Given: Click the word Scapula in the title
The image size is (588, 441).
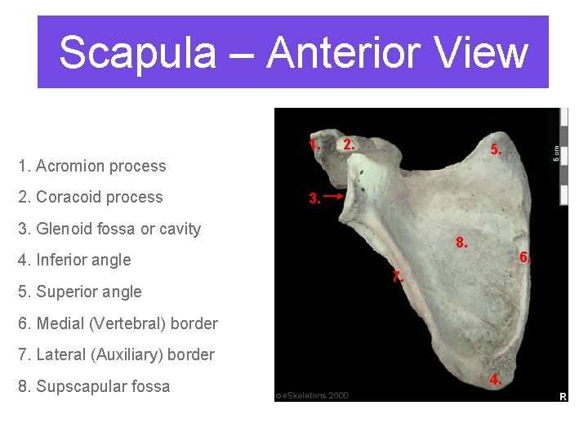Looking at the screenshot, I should point(137,52).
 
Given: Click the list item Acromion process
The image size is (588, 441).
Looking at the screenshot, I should point(91,166).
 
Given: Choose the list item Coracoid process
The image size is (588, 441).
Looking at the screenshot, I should point(90,197).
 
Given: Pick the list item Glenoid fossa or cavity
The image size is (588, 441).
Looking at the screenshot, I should point(109,229).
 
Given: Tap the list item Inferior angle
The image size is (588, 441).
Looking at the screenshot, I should point(74,260).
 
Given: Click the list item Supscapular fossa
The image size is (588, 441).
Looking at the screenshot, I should point(93,386).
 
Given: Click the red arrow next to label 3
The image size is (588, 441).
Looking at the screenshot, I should point(333,197).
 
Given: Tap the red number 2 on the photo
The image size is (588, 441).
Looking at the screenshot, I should point(349,145).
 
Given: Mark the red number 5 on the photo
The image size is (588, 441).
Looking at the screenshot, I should point(495,150).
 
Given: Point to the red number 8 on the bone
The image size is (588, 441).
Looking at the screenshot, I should point(461,243).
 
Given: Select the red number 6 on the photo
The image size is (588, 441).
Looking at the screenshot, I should point(525,257).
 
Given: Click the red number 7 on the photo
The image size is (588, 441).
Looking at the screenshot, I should point(397,277).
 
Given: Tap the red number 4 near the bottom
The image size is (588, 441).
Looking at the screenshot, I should point(495,380).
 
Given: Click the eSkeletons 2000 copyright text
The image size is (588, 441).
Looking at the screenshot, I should point(312,395).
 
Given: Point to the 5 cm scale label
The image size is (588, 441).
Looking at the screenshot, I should point(557,153).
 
